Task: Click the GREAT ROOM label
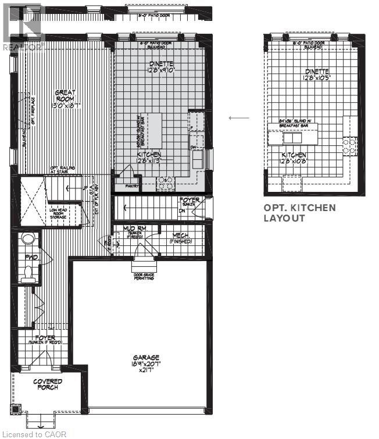point(67,99)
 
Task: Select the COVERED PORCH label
point(48,384)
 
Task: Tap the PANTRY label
point(133,187)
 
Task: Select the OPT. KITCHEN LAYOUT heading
point(299,213)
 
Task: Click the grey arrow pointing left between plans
point(238,118)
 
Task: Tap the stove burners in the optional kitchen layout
point(351,145)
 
